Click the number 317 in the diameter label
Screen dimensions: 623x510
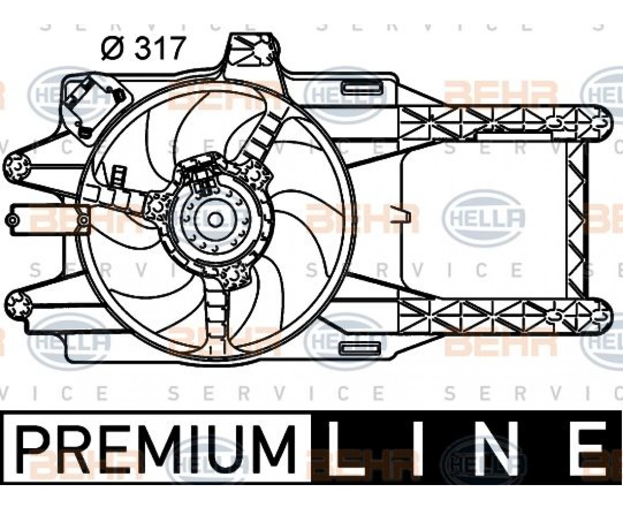pos(160,48)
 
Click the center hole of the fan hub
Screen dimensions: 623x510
pos(215,219)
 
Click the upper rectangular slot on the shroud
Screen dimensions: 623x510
pos(360,87)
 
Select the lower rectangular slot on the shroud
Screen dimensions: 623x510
pos(360,348)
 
